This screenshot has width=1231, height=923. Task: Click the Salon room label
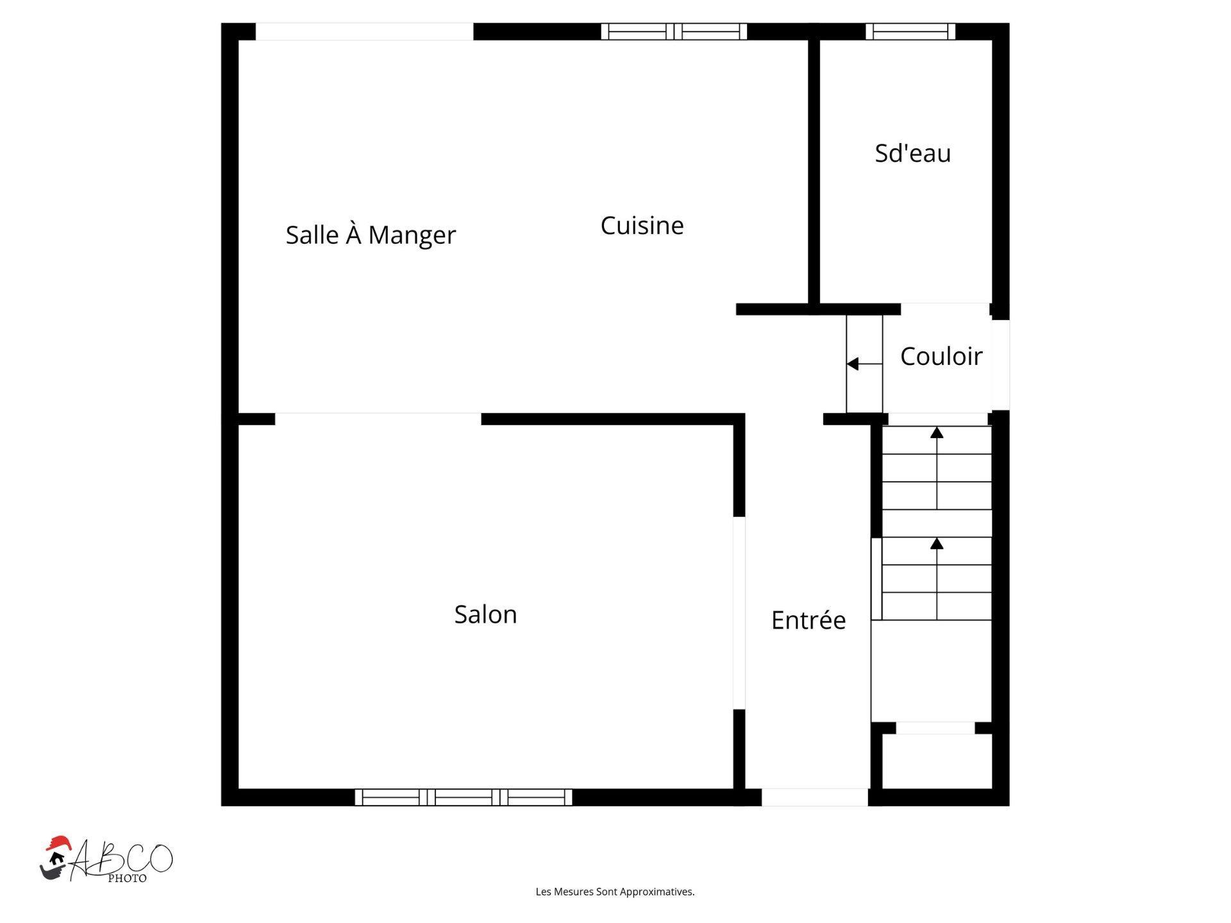[485, 614]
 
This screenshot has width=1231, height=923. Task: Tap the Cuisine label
[642, 225]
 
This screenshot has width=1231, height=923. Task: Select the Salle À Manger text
[371, 235]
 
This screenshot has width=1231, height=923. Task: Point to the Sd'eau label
[912, 153]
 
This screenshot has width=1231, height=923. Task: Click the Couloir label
[941, 357]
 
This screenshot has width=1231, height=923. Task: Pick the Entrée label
[808, 620]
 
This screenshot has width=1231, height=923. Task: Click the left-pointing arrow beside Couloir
[853, 364]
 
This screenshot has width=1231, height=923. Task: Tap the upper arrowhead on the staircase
[937, 433]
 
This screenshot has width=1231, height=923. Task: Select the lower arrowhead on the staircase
[937, 544]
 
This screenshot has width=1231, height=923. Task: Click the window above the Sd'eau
[910, 31]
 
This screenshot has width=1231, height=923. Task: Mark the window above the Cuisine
[674, 31]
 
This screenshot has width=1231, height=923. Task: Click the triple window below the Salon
[463, 797]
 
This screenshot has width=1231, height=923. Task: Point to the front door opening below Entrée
[814, 797]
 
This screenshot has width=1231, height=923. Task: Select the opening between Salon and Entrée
[739, 613]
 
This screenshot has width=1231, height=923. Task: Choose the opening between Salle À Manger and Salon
[378, 419]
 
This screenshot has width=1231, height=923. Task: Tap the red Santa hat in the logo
[58, 843]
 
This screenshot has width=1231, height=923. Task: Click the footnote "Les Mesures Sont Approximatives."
[615, 892]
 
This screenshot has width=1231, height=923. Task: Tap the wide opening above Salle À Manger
[364, 31]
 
